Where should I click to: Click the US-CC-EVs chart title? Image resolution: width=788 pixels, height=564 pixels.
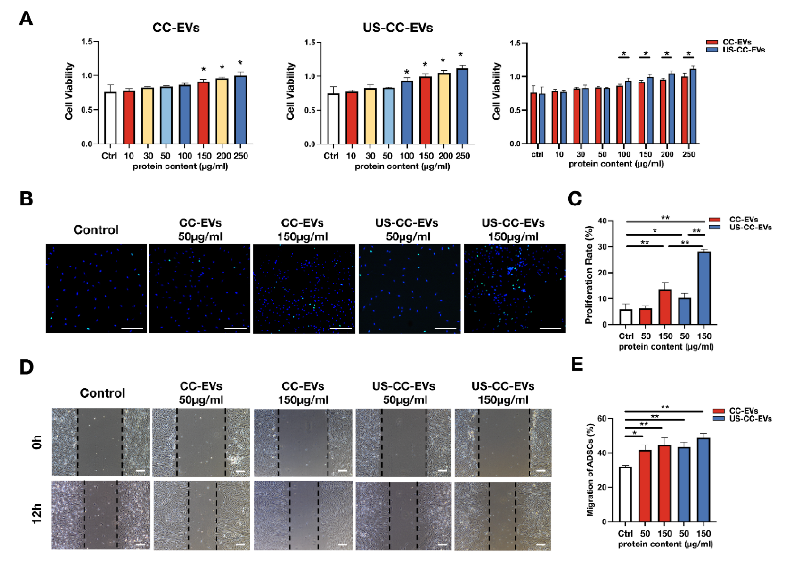[398, 28]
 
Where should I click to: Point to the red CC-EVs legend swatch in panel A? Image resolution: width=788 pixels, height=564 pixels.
[712, 42]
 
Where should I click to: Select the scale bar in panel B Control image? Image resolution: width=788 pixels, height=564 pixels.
[132, 328]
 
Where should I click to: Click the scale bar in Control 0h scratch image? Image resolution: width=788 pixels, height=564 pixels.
[140, 471]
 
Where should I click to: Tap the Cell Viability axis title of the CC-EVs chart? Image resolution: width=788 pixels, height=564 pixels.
[69, 91]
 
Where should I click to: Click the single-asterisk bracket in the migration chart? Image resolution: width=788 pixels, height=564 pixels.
[634, 435]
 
